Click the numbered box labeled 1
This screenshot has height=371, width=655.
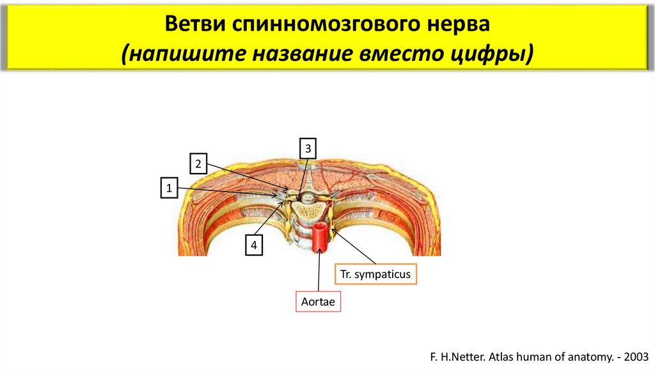(x=170, y=189)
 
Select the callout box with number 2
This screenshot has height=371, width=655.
(x=198, y=164)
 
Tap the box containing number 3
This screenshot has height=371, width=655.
(x=308, y=148)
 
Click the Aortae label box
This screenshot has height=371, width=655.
(x=318, y=301)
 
